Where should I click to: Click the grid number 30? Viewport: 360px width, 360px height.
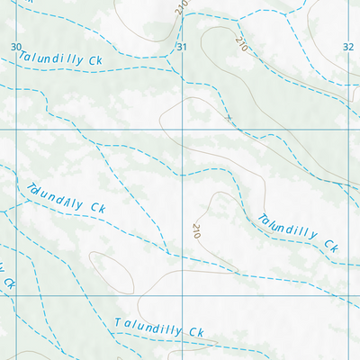(15, 47)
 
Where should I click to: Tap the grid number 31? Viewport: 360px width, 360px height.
(181, 47)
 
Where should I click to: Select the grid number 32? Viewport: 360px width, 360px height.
(348, 47)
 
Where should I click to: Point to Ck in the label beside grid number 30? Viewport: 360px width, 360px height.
(96, 60)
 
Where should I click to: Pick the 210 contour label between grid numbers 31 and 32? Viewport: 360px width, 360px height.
(240, 42)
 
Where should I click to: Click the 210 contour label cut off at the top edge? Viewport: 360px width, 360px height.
(181, 5)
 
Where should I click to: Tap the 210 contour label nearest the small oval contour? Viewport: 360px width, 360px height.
(195, 230)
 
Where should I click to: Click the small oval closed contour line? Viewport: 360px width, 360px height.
(112, 272)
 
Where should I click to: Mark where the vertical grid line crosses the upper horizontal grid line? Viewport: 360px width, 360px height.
(183, 130)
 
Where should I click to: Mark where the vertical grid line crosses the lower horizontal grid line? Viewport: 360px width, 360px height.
(183, 296)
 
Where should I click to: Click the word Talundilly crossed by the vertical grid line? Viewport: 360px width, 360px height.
(148, 326)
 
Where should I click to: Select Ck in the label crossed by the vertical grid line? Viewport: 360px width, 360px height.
(195, 332)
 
